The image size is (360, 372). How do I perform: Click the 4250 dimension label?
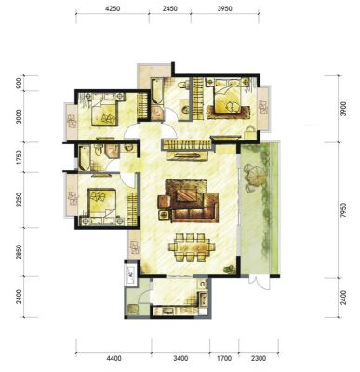click(113, 9)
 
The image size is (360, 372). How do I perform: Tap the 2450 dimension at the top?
click(169, 9)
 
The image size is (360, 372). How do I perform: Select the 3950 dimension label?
click(224, 9)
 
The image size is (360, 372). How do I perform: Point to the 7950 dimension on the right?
click(342, 211)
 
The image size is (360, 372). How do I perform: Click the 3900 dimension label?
click(342, 109)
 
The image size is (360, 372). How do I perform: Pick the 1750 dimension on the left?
click(19, 157)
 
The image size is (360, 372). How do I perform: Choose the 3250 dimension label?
click(19, 200)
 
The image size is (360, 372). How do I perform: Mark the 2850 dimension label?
click(19, 252)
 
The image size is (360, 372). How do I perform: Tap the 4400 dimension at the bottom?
click(113, 358)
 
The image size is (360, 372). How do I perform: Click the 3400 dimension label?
click(180, 358)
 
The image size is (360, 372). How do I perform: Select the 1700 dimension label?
click(224, 358)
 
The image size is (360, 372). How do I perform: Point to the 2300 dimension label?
click(259, 358)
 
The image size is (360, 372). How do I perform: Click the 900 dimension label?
click(19, 83)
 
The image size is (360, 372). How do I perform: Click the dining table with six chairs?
click(192, 247)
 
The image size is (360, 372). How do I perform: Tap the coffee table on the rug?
click(187, 195)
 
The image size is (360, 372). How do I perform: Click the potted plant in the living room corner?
click(230, 270)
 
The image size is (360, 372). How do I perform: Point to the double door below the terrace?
click(260, 283)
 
